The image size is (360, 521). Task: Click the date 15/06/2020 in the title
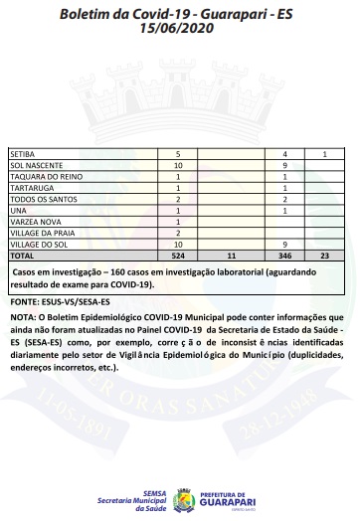click(179, 31)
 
